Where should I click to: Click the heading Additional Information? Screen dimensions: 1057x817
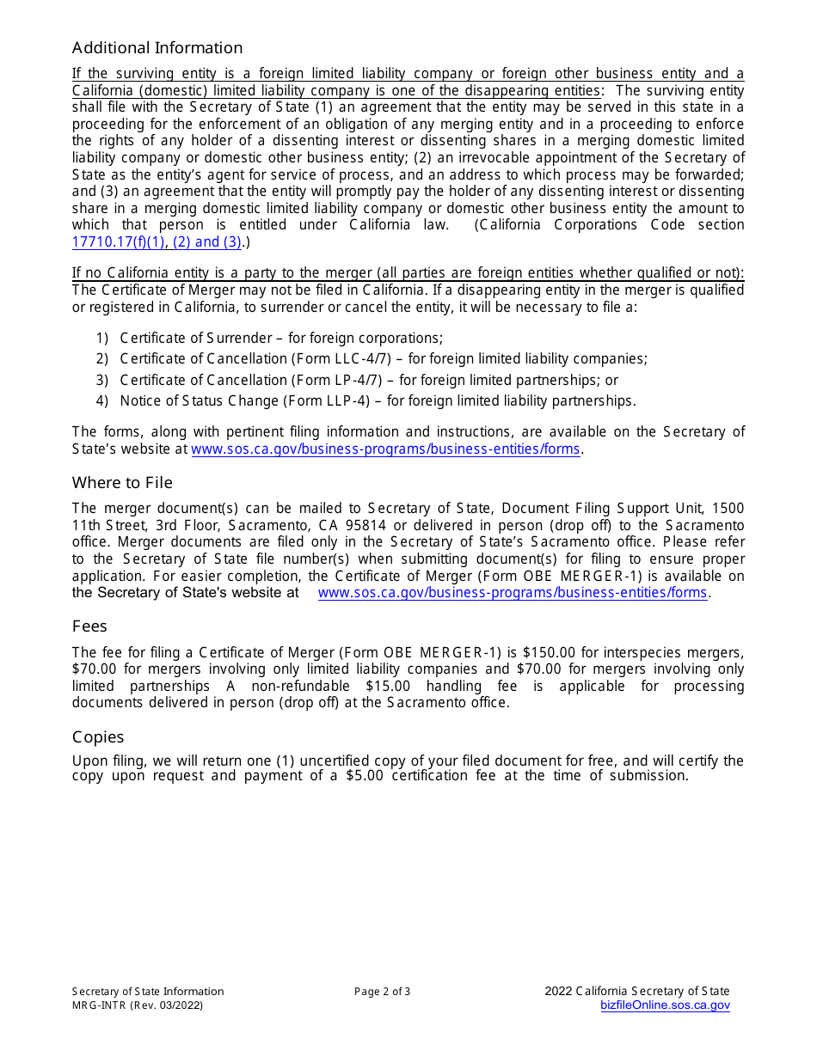coord(157,48)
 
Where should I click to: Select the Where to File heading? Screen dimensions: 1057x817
coord(122,483)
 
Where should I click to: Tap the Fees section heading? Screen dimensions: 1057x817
coord(89,626)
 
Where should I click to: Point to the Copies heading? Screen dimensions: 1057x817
coord(98,737)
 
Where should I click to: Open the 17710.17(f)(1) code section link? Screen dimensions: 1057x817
coord(118,242)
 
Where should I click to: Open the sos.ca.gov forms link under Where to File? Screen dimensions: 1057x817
coord(513,593)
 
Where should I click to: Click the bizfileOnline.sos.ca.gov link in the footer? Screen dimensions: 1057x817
coord(665,1005)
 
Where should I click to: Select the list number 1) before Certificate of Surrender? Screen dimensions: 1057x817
coord(103,339)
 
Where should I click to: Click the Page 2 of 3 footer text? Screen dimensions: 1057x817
coord(382,992)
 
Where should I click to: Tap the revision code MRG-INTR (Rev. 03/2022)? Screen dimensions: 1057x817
coord(138,1005)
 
